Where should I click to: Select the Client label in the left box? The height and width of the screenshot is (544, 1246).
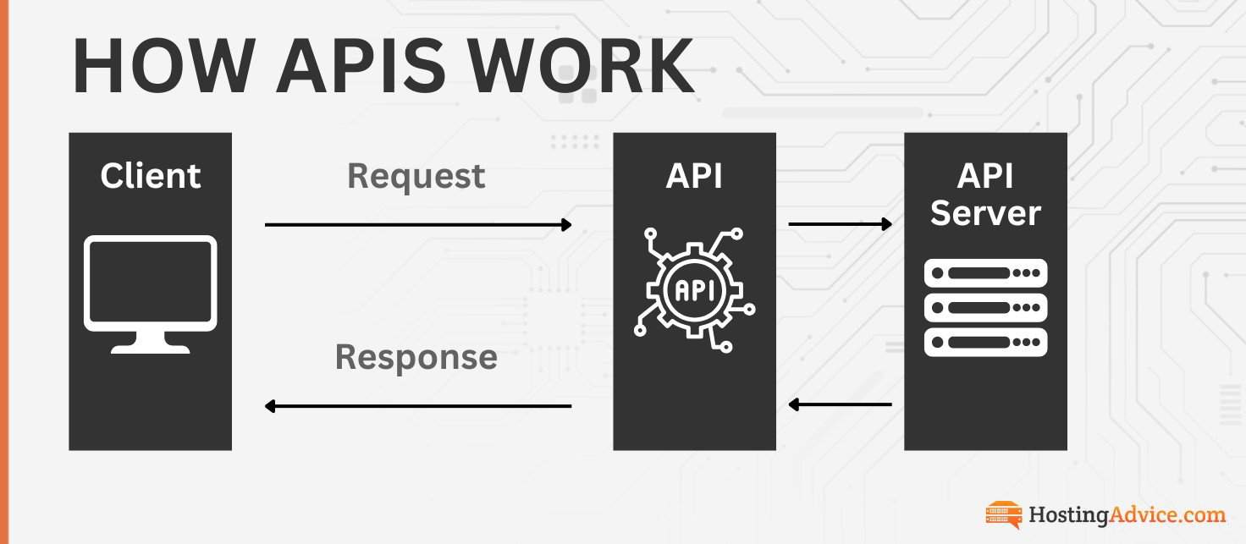[150, 176]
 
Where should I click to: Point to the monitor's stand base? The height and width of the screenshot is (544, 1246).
[150, 347]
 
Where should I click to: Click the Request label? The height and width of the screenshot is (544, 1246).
[416, 176]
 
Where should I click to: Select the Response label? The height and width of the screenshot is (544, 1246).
[416, 357]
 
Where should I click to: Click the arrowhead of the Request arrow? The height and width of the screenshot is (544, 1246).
[566, 224]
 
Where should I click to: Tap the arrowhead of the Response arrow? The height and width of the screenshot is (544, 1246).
[271, 406]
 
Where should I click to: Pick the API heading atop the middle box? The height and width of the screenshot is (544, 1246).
[694, 176]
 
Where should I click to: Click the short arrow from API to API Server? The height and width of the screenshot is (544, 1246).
[840, 224]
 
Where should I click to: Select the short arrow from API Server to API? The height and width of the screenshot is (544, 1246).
[840, 405]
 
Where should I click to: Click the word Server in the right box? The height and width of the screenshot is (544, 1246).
[985, 213]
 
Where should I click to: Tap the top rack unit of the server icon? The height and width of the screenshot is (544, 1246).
[985, 273]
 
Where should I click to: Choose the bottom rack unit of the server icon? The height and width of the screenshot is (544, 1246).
[985, 342]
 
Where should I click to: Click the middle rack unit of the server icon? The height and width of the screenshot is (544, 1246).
[985, 307]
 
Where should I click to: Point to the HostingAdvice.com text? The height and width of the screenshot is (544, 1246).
[1127, 514]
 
